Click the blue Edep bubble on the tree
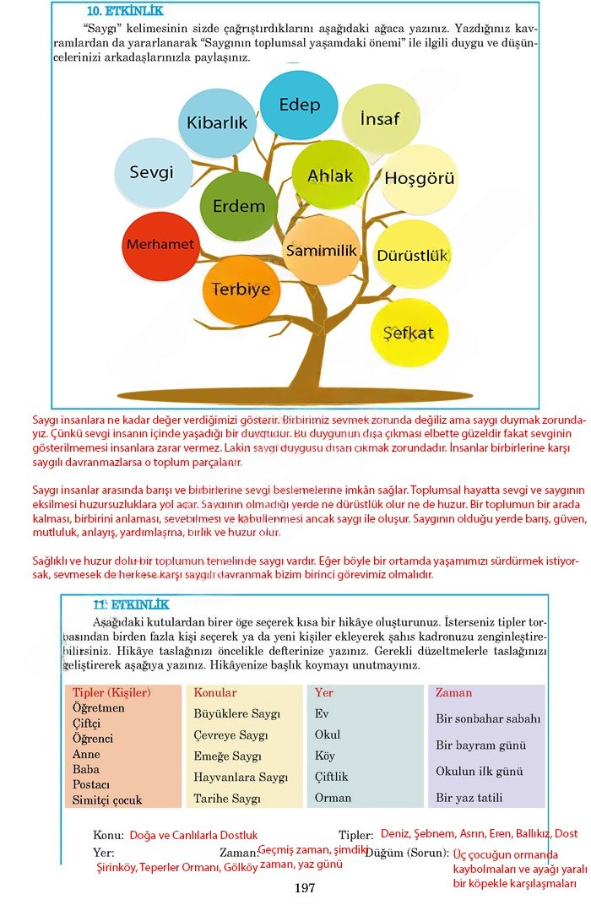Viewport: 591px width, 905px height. [x=300, y=105]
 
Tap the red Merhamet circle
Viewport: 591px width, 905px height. [x=160, y=245]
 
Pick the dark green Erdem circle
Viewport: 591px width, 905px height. [x=238, y=206]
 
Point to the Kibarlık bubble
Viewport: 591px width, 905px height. [x=217, y=122]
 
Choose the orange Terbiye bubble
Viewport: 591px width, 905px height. [x=241, y=290]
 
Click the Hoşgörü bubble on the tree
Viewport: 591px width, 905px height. [x=420, y=178]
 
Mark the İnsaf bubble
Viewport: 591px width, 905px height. [x=380, y=118]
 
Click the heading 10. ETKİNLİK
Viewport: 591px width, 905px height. [x=126, y=12]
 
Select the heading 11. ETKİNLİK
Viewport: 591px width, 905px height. [x=131, y=604]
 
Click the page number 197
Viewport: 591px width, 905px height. [x=305, y=887]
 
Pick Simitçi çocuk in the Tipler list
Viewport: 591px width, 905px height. [x=107, y=799]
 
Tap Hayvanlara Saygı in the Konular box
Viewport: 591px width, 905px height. [x=241, y=777]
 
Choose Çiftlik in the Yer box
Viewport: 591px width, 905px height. [x=331, y=777]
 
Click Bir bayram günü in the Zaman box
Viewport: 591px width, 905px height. [x=480, y=745]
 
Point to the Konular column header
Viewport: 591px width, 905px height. [x=215, y=693]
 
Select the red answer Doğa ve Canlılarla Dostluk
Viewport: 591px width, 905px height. [x=193, y=835]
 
